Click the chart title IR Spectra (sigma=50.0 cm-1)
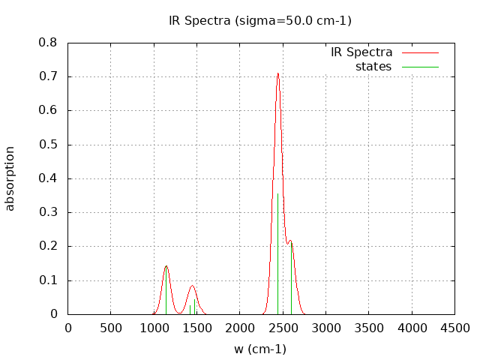pyautogui.click(x=259, y=20)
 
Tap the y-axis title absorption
pyautogui.click(x=10, y=178)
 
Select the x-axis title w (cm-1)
pyautogui.click(x=259, y=349)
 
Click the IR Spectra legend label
pyautogui.click(x=361, y=52)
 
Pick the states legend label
pyautogui.click(x=373, y=67)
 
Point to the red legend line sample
pyautogui.click(x=420, y=52)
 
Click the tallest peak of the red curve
pyautogui.click(x=277, y=73)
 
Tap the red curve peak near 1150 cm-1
pyautogui.click(x=166, y=266)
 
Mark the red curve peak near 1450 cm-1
pyautogui.click(x=192, y=286)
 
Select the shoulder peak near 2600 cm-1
pyautogui.click(x=290, y=241)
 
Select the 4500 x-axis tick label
pyautogui.click(x=454, y=328)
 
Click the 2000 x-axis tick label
pyautogui.click(x=240, y=328)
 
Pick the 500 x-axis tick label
pyautogui.click(x=111, y=328)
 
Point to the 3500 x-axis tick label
pyautogui.click(x=369, y=328)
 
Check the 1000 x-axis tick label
pyautogui.click(x=154, y=328)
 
